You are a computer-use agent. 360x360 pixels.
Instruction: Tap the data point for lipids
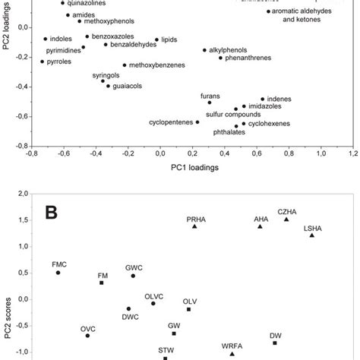pyautogui.click(x=156, y=39)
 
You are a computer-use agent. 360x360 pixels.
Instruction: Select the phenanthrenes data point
pyautogui.click(x=220, y=58)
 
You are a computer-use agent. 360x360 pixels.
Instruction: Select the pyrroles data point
pyautogui.click(x=43, y=62)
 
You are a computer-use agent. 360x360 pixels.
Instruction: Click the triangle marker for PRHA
pyautogui.click(x=195, y=226)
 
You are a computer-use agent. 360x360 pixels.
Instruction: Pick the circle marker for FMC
pyautogui.click(x=58, y=273)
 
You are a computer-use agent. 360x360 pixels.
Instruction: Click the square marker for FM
pyautogui.click(x=102, y=283)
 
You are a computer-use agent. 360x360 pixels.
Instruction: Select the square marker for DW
pyautogui.click(x=275, y=343)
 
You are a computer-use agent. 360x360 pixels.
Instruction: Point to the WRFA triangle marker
pyautogui.click(x=232, y=353)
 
